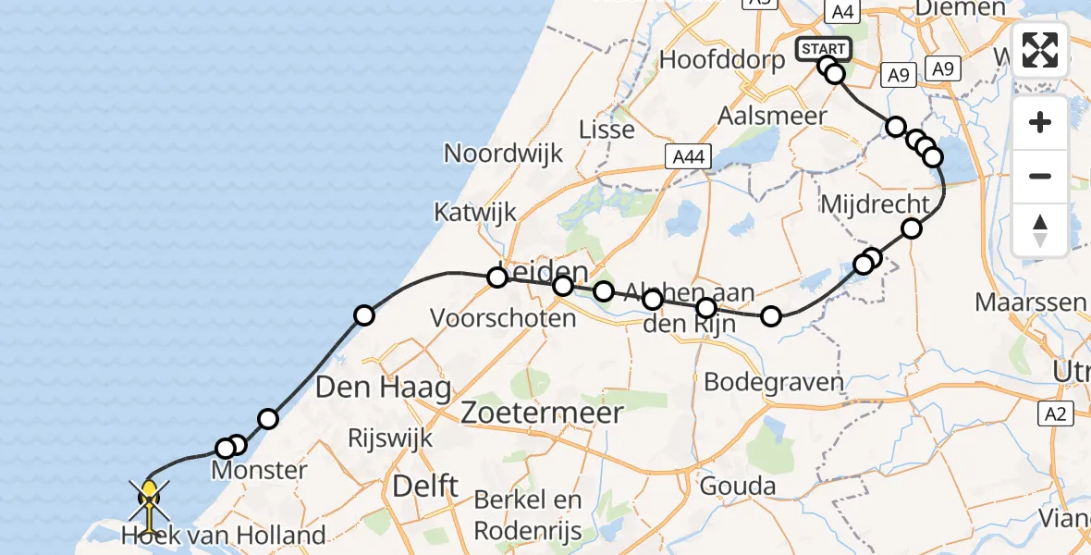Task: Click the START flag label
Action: [x=823, y=48]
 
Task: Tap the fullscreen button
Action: [x=1040, y=50]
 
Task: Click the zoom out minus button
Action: [x=1040, y=176]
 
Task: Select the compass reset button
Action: [x=1040, y=229]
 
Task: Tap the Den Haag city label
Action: [x=383, y=387]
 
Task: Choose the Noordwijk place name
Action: [x=503, y=153]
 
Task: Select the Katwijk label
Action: [x=475, y=213]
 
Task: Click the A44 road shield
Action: [x=689, y=157]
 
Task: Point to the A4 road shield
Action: [x=841, y=12]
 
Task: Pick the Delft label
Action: [x=425, y=486]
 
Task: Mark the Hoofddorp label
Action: [x=722, y=60]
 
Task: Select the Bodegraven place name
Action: [x=774, y=381]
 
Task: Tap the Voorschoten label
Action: [x=503, y=318]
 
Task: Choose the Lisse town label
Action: [x=607, y=129]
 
